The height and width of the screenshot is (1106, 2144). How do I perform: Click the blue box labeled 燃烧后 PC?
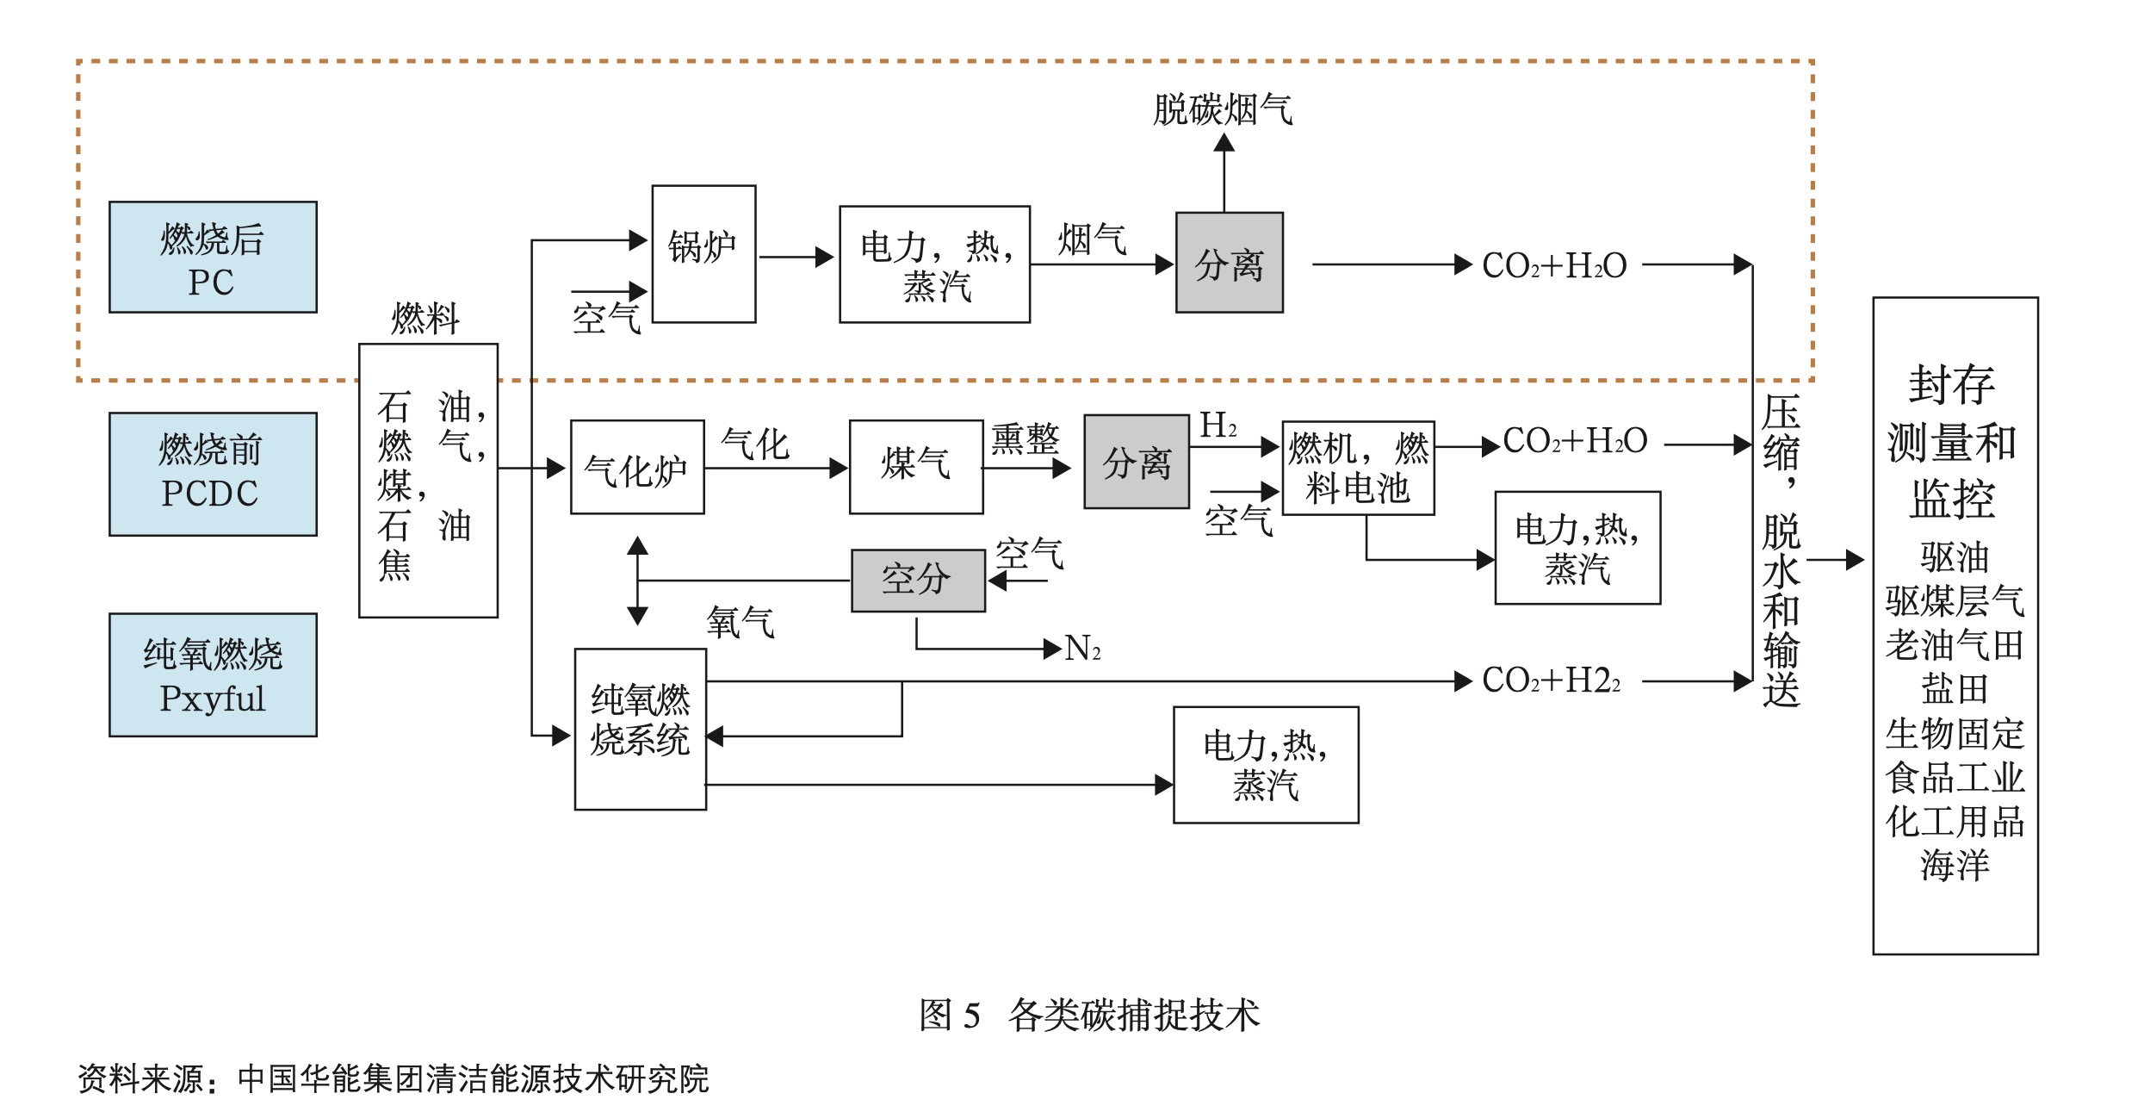point(213,257)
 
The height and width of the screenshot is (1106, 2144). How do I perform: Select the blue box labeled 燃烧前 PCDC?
point(213,474)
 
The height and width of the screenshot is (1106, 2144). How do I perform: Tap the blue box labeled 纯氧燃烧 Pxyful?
point(213,674)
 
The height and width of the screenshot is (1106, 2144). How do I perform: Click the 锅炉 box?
point(703,253)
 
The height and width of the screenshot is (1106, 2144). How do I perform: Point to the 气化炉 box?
point(637,467)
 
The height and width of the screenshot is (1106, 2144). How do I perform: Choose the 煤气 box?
point(916,467)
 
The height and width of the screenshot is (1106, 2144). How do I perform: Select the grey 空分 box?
point(918,581)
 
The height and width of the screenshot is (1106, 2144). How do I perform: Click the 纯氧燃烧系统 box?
point(641,729)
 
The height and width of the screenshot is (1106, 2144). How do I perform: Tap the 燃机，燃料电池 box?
point(1358,468)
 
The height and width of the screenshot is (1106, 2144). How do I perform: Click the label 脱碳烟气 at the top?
point(1223,110)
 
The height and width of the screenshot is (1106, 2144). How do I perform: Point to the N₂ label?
point(1082,649)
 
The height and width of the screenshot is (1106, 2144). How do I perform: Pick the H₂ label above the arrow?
point(1218,425)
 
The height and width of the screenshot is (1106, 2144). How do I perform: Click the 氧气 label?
point(740,622)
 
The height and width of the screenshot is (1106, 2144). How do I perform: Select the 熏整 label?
point(1025,439)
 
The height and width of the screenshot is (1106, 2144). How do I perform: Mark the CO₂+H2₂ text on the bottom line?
point(1551,680)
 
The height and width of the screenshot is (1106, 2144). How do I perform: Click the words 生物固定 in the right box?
point(1955,734)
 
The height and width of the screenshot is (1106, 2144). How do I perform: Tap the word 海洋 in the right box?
point(1955,865)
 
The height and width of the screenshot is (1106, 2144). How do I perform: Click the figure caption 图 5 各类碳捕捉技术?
point(1089,1015)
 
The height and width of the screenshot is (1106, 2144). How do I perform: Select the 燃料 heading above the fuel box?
point(425,319)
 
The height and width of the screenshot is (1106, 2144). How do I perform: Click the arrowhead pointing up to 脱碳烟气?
point(1224,143)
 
